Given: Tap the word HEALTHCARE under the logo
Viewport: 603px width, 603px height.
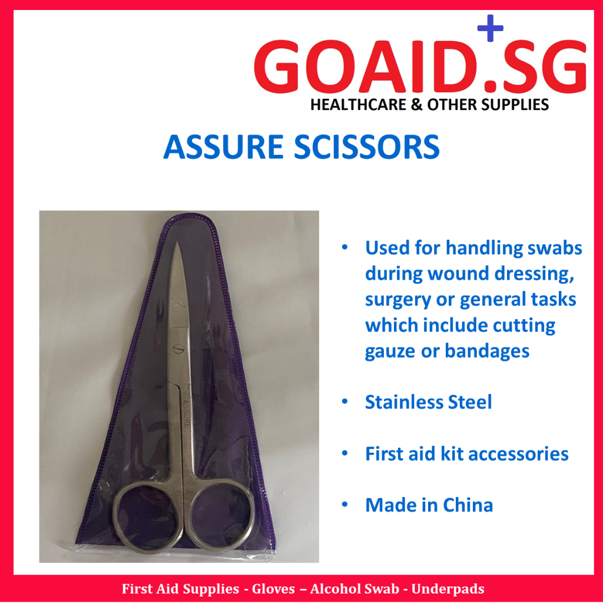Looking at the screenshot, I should coord(359,105).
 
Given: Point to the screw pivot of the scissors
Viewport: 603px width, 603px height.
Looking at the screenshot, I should coord(174,348).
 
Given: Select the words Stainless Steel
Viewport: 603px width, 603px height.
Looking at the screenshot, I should coord(428,403).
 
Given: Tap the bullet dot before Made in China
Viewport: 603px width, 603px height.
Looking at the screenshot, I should coord(346,505).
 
